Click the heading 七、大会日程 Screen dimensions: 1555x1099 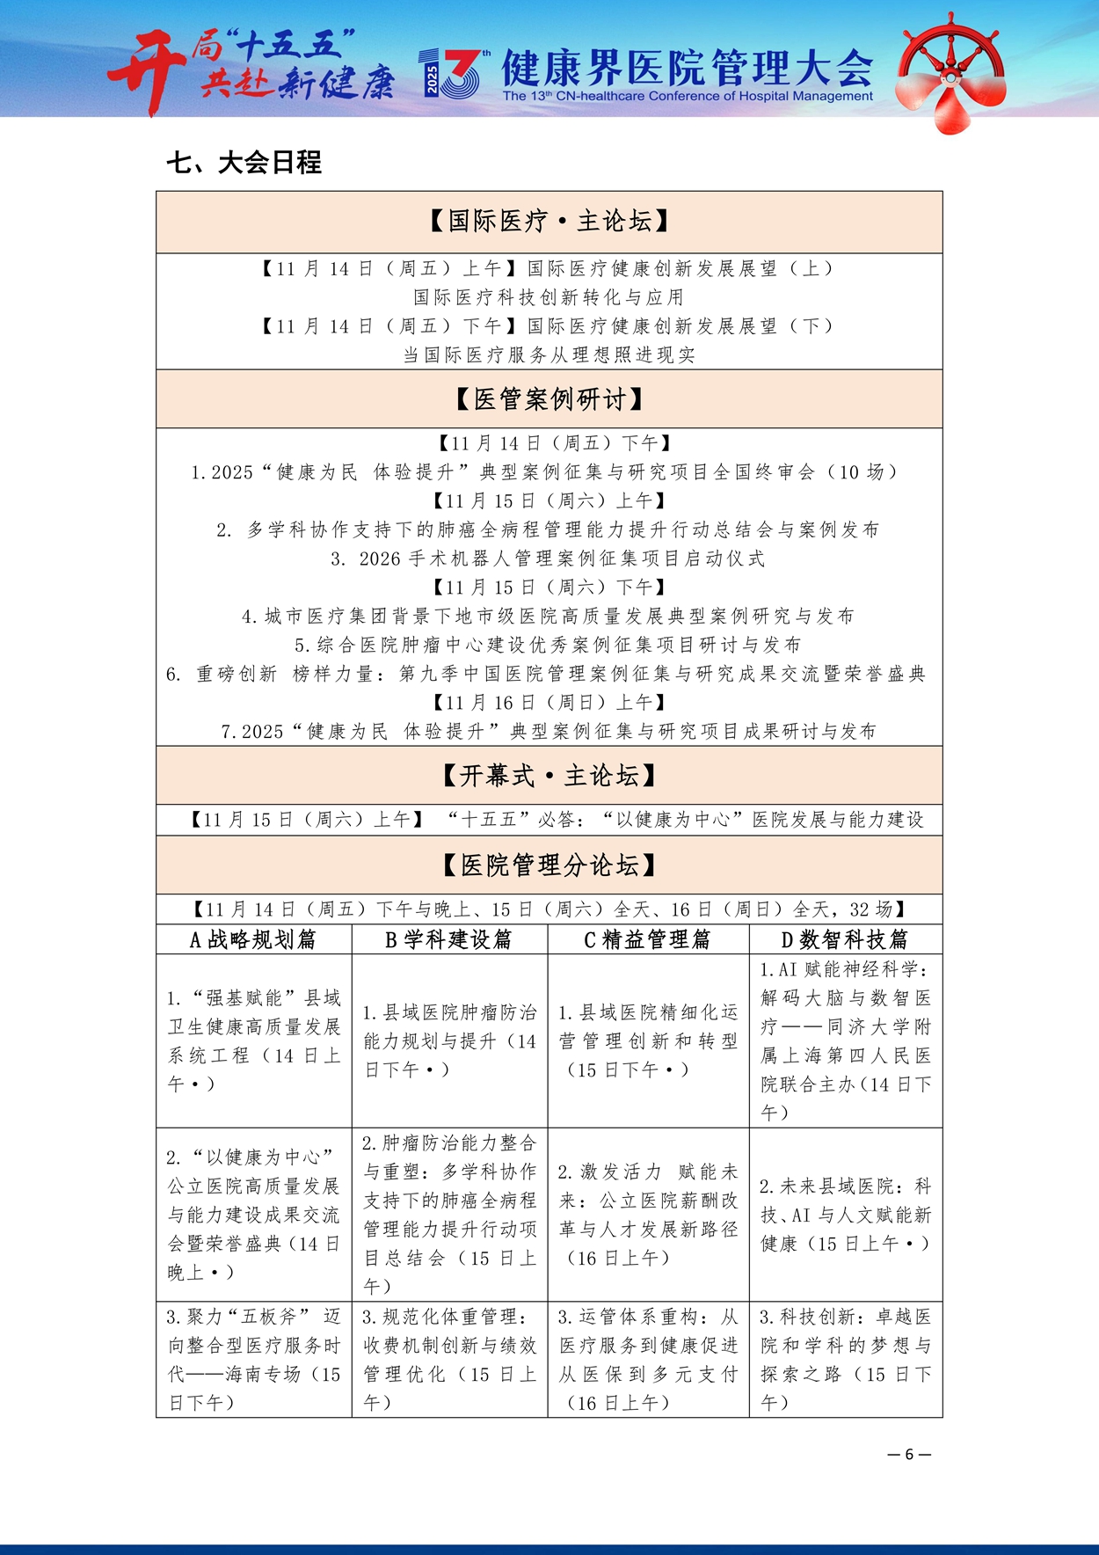[x=244, y=163]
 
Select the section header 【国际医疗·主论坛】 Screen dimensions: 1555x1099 [x=549, y=221]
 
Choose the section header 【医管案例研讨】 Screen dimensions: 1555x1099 [x=549, y=399]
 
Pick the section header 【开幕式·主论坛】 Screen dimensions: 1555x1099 [x=549, y=775]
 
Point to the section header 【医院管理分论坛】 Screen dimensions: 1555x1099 [x=549, y=865]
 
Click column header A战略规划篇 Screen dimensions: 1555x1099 [x=253, y=939]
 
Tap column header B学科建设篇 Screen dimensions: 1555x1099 [x=448, y=939]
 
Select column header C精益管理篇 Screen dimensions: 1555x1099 [x=648, y=939]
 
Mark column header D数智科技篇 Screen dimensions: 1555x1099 [x=845, y=939]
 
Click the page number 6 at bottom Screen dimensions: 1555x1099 [x=909, y=1454]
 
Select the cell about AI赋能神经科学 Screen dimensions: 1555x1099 [x=845, y=1040]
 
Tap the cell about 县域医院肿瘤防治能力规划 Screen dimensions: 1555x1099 [x=448, y=1040]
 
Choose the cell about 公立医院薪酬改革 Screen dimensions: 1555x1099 [x=648, y=1215]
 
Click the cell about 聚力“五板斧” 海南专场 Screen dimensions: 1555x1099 [x=253, y=1359]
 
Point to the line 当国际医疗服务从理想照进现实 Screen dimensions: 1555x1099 [x=549, y=355]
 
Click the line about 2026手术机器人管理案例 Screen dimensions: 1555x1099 [x=549, y=558]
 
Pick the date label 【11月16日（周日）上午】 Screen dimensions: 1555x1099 [x=549, y=702]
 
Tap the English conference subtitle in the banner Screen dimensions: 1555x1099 [x=688, y=96]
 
